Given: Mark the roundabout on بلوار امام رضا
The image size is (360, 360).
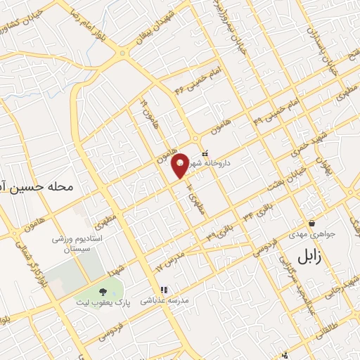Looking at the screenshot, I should tap(123, 53).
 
